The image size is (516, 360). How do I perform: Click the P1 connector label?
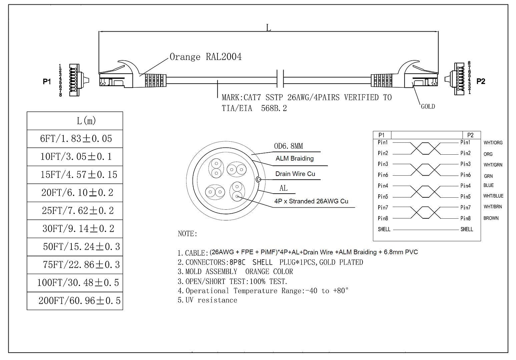[x=47, y=81]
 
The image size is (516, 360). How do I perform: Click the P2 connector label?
[x=481, y=81]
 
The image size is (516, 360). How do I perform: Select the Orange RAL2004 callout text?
[x=205, y=57]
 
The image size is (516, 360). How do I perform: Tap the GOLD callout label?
[x=428, y=106]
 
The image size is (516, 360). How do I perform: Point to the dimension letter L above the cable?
[x=269, y=28]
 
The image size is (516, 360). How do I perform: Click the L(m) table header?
[x=86, y=121]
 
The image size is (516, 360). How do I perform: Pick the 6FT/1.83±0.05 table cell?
[x=76, y=139]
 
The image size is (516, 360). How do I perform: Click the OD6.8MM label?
[x=289, y=146]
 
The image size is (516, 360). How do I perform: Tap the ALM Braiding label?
[x=295, y=158]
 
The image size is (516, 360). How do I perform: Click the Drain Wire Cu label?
[x=295, y=174]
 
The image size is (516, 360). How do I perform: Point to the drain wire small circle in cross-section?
[x=259, y=179]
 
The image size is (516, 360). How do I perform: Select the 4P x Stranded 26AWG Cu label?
[x=311, y=201]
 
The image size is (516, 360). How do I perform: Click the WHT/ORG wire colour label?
[x=493, y=143]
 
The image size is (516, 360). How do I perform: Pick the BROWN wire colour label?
[x=491, y=218]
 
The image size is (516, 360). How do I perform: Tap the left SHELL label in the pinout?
[x=384, y=229]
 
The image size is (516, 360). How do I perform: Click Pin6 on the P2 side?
[x=466, y=175]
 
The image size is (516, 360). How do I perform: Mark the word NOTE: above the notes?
[x=187, y=234]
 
